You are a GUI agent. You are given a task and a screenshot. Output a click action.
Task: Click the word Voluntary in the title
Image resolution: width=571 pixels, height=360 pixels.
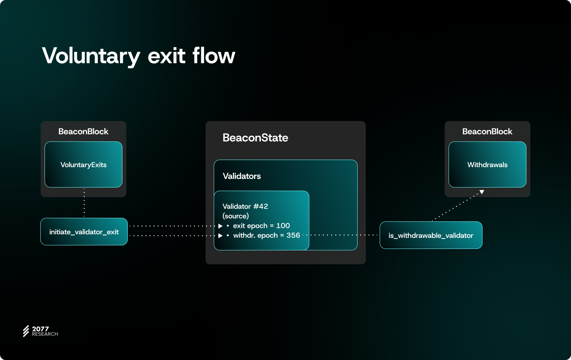point(91,56)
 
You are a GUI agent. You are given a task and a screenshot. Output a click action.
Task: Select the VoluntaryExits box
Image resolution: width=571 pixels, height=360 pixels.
point(84,165)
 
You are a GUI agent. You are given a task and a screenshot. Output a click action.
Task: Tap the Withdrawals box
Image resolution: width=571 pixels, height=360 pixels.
point(487,165)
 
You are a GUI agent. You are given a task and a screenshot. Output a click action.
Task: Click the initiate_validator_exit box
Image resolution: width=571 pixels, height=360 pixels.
point(84,232)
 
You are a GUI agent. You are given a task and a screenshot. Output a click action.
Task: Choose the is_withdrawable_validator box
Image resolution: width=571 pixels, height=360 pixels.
point(431,235)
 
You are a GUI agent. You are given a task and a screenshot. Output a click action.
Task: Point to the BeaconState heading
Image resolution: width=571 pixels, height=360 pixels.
point(255,138)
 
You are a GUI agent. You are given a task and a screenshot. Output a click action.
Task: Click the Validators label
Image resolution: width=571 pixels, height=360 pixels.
point(242,176)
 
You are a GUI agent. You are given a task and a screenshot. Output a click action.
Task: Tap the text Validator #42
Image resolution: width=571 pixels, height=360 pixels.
point(245,206)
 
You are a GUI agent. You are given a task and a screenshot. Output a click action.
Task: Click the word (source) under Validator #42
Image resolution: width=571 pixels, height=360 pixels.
point(236,216)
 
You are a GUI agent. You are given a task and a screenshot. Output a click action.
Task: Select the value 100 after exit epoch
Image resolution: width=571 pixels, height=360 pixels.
point(283,226)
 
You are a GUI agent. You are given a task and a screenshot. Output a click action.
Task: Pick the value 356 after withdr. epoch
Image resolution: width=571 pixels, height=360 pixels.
point(293,235)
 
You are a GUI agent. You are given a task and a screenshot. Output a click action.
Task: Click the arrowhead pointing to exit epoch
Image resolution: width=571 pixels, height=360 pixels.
point(221,226)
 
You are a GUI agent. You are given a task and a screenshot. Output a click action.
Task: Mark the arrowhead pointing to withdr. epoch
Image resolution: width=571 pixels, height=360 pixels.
point(221,235)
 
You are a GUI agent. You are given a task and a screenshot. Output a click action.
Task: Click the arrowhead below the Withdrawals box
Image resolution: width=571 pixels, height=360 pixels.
point(482,192)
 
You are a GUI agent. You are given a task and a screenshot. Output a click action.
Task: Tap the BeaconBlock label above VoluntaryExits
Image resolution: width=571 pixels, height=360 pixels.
point(84,131)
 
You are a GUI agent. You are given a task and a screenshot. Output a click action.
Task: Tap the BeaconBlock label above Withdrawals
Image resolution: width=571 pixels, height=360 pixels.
point(487,131)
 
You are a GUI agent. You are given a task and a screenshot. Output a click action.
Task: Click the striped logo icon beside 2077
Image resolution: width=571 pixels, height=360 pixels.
point(26,331)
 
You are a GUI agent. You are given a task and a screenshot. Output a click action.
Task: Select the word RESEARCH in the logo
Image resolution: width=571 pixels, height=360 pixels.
point(45,334)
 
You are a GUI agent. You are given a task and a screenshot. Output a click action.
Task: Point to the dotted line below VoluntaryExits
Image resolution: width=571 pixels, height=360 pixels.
point(84,202)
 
